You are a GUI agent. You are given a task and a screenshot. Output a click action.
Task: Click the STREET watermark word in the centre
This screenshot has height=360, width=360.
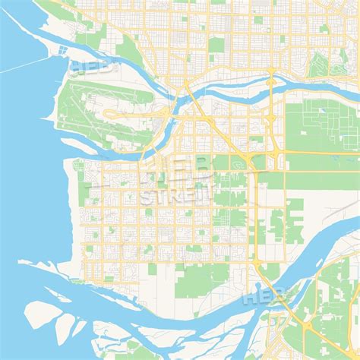click(174, 197)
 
